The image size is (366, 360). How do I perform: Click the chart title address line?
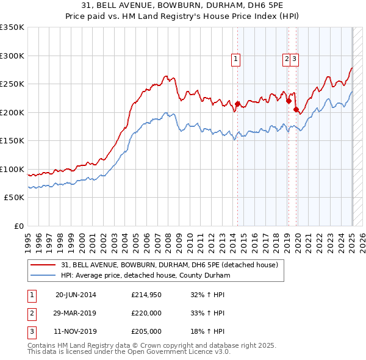pos(183,6)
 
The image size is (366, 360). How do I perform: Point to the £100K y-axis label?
pos(12,169)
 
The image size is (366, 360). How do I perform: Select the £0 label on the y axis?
pos(19,226)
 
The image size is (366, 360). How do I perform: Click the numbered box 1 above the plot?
pos(235,59)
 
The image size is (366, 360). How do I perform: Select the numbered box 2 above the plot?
pos(286,59)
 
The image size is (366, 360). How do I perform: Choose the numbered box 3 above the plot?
pos(294,59)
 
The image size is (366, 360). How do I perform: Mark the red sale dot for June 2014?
pos(237,104)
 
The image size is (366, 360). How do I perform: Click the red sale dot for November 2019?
pos(296,110)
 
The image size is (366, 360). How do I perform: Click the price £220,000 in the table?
pos(146,314)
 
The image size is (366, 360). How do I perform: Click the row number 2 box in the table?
pos(30,314)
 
